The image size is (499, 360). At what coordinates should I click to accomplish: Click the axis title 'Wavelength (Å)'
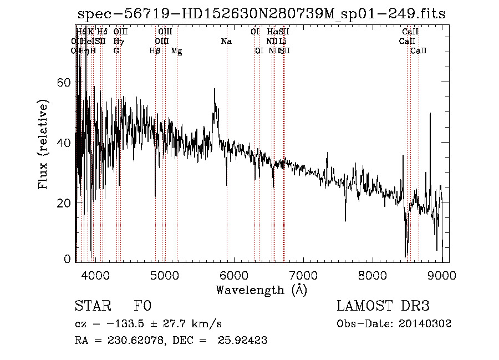point(261,290)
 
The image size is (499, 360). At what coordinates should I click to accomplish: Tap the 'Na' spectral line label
point(226,41)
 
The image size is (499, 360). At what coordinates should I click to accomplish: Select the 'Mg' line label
point(176,51)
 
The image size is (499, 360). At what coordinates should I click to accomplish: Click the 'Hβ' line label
point(155,51)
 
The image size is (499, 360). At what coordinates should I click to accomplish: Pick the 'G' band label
point(116,51)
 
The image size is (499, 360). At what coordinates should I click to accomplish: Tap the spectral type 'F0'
point(142,306)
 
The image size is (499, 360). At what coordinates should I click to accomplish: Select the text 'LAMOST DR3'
point(383,306)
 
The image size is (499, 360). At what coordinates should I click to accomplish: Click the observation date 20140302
point(428,324)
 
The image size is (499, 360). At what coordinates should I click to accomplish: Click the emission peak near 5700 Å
point(215,89)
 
